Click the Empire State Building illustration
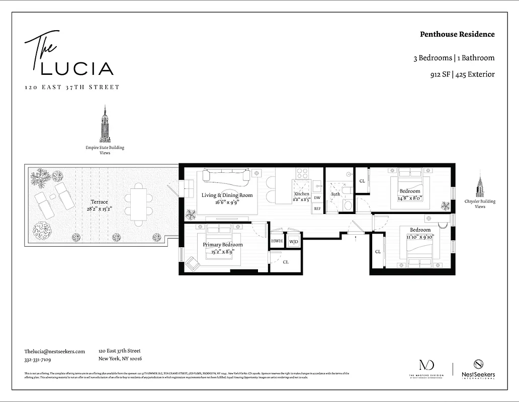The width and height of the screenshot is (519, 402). click(105, 124)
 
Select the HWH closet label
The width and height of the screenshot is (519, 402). click(277, 242)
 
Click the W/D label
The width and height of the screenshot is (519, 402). click(293, 242)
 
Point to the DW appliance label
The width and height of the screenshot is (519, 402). click(317, 198)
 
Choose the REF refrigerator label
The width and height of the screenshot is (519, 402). click(317, 208)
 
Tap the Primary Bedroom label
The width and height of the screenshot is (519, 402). click(222, 245)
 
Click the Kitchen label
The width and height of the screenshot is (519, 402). click(302, 194)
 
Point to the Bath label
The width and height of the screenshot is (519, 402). click(335, 194)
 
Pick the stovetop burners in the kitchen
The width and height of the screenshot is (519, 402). click(302, 173)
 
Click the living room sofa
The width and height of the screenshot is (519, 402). click(225, 175)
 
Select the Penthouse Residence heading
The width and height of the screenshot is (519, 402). click(457, 34)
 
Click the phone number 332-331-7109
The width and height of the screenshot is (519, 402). click(38, 360)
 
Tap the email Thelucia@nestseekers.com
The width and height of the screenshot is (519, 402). click(54, 352)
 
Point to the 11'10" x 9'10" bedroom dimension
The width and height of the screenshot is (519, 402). click(419, 237)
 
